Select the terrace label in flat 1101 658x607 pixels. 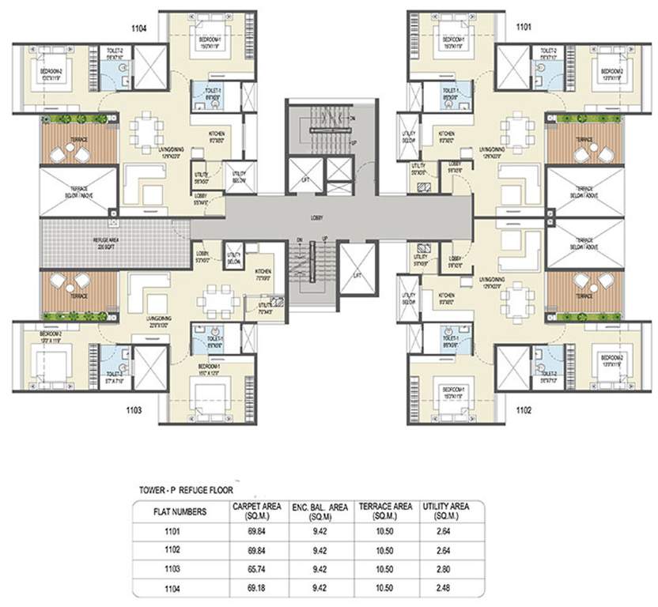(584, 139)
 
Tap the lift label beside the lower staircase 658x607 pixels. (357, 275)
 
